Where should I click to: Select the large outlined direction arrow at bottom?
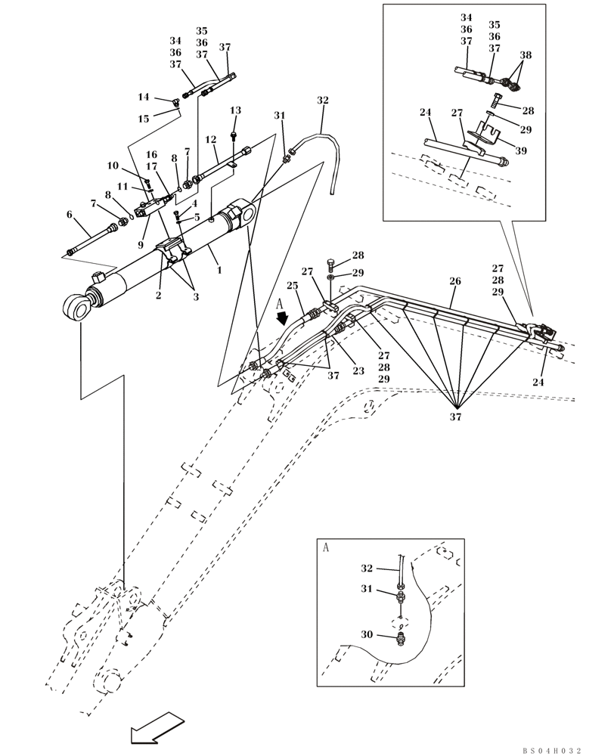(156, 730)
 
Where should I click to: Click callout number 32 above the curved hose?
(323, 101)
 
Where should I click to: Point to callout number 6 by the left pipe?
(69, 215)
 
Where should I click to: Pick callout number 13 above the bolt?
(235, 111)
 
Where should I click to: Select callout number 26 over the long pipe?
(455, 281)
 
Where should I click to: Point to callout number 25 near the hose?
(293, 285)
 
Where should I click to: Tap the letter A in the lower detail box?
(326, 547)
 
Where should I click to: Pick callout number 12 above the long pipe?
(211, 140)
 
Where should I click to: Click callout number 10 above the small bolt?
(113, 166)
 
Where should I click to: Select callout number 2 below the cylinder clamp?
(159, 295)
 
